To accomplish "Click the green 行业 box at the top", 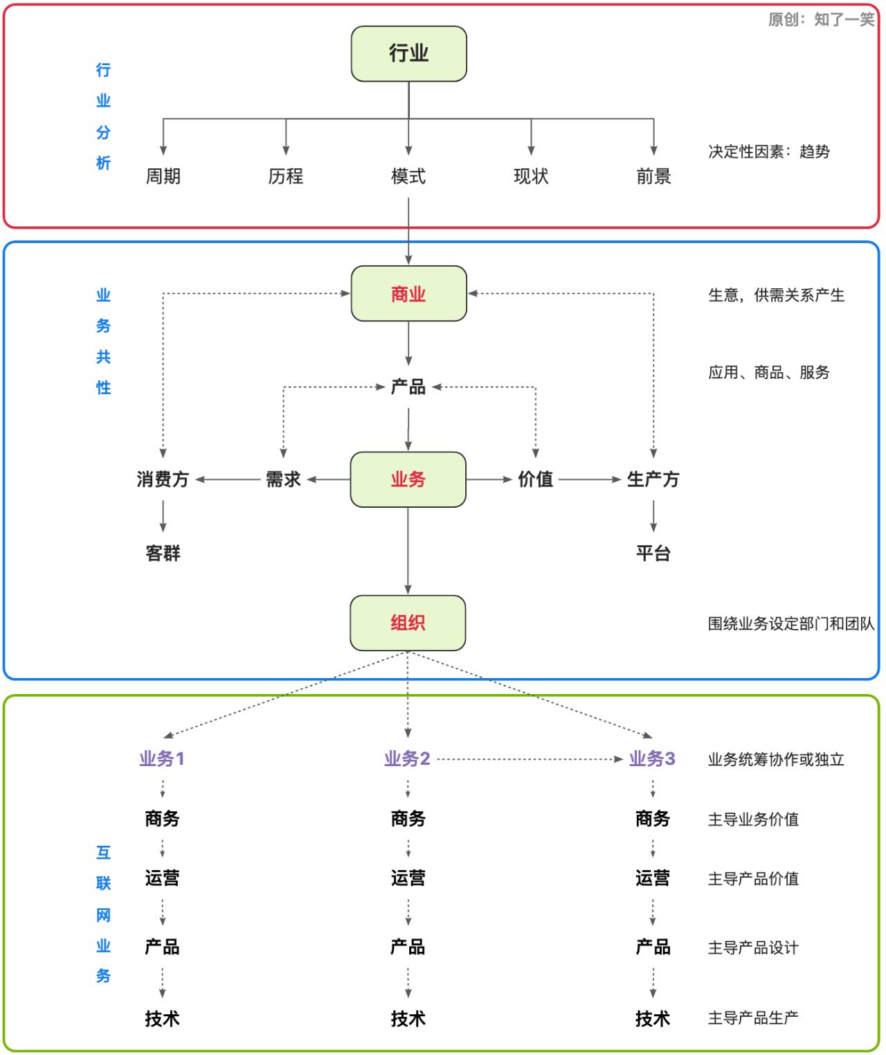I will [408, 53].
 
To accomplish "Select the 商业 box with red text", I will [408, 294].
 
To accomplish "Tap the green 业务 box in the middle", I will [408, 479].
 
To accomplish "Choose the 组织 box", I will [408, 623].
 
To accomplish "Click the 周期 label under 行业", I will [163, 177].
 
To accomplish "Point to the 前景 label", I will [653, 177].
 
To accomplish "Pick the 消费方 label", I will [163, 479].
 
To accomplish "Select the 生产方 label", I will [653, 479].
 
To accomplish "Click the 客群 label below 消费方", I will [163, 553].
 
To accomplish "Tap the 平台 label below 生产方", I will [653, 553].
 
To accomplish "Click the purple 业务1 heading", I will [162, 759].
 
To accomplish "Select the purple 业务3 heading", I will [652, 759].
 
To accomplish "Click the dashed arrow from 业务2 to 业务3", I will [530, 759].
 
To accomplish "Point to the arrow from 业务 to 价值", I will [489, 479].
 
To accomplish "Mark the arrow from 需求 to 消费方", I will [228, 479].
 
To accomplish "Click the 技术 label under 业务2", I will [408, 1018].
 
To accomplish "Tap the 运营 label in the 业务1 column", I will [163, 878].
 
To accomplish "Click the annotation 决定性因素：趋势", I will [768, 152].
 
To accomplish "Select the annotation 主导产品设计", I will [753, 948].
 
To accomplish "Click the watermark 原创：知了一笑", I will [821, 19].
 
